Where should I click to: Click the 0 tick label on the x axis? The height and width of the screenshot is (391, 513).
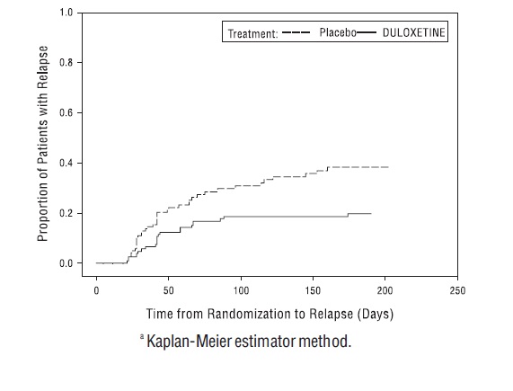click(96, 291)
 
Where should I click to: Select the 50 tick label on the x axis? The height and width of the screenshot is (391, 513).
click(168, 291)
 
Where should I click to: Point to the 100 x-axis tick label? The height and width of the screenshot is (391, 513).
click(241, 291)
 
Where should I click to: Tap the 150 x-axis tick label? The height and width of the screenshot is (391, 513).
click(313, 291)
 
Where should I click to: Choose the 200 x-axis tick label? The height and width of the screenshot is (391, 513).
click(385, 291)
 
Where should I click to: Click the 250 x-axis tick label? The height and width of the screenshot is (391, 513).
click(457, 291)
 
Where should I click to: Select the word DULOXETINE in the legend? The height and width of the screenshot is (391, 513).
click(413, 32)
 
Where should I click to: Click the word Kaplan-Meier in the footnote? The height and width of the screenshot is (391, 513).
click(191, 342)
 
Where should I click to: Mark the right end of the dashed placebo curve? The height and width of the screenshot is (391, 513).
click(388, 167)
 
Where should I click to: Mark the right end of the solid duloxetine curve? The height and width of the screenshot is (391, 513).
click(371, 213)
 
